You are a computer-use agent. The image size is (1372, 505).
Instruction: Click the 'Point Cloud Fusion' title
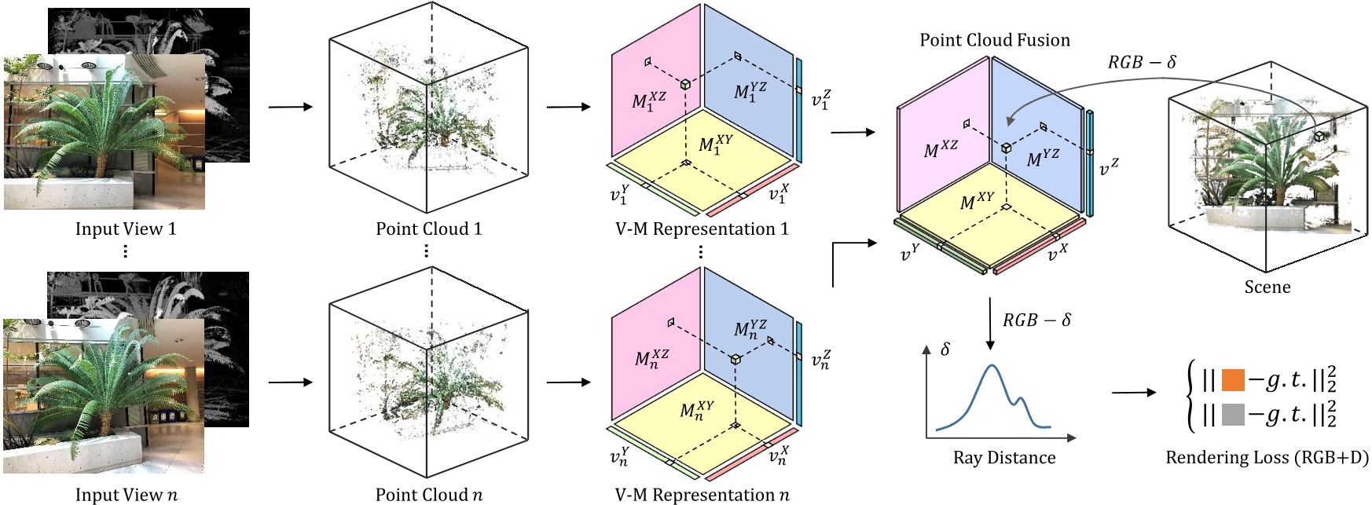pyautogui.click(x=994, y=40)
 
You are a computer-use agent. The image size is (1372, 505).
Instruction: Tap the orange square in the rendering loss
pyautogui.click(x=1233, y=380)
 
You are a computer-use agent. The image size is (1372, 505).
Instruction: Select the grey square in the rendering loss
pyautogui.click(x=1233, y=414)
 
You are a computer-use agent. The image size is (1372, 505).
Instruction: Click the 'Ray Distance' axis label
pyautogui.click(x=1004, y=458)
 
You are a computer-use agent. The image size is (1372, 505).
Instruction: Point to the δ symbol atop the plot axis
pyautogui.click(x=945, y=349)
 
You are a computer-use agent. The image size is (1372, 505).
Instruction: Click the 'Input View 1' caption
pyautogui.click(x=126, y=229)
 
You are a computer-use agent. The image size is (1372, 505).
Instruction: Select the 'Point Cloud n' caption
pyautogui.click(x=428, y=495)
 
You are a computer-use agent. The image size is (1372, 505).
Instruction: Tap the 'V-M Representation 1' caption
pyautogui.click(x=701, y=229)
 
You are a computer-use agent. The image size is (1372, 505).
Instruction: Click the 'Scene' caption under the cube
pyautogui.click(x=1267, y=287)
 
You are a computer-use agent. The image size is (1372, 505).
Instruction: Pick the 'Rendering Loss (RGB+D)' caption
pyautogui.click(x=1266, y=457)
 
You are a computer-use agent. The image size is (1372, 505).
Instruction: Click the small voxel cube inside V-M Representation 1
pyautogui.click(x=685, y=84)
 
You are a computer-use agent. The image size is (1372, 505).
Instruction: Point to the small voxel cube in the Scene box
pyautogui.click(x=1319, y=136)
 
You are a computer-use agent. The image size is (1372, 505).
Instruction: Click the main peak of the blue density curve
pyautogui.click(x=992, y=366)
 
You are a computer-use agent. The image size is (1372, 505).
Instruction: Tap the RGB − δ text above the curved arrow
pyautogui.click(x=1141, y=62)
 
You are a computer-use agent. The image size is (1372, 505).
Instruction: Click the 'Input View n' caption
pyautogui.click(x=126, y=495)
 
